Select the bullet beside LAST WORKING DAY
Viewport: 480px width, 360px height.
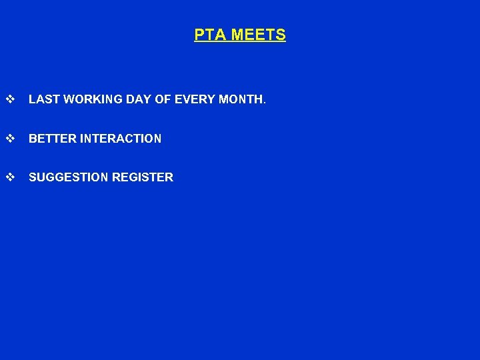pos(10,100)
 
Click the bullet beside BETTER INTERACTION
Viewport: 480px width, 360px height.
pos(10,139)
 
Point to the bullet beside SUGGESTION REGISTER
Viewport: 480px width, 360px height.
pos(10,177)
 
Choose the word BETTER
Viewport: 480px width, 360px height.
pos(53,139)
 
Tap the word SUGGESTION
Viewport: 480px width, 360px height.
pos(69,177)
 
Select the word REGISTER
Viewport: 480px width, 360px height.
pos(143,177)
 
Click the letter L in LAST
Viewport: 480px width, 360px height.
pos(32,100)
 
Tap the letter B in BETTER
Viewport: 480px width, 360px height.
pos(33,139)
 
